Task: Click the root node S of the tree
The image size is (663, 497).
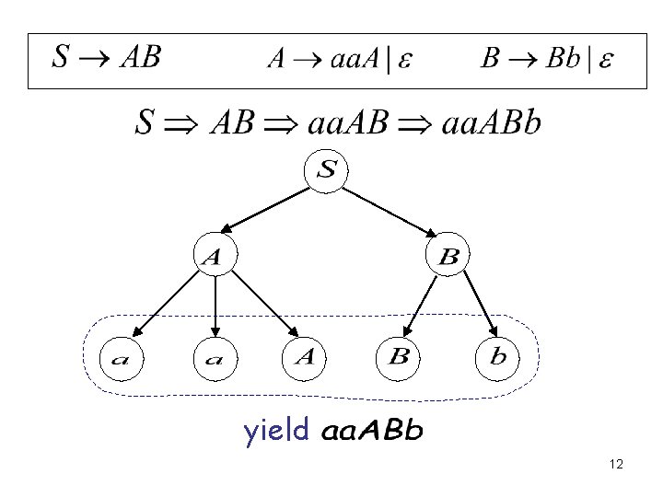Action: click(329, 171)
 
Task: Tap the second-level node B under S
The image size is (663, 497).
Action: click(448, 258)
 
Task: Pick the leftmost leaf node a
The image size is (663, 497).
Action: click(122, 358)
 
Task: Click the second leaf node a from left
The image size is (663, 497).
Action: click(215, 358)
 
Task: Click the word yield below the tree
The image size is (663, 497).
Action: click(276, 431)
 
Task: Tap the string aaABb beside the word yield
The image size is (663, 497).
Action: click(372, 432)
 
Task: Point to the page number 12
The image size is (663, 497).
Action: click(616, 465)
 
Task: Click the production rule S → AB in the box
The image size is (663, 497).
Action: click(106, 58)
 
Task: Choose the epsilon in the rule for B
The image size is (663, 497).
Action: click(606, 60)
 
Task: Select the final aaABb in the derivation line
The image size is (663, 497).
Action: click(492, 122)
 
